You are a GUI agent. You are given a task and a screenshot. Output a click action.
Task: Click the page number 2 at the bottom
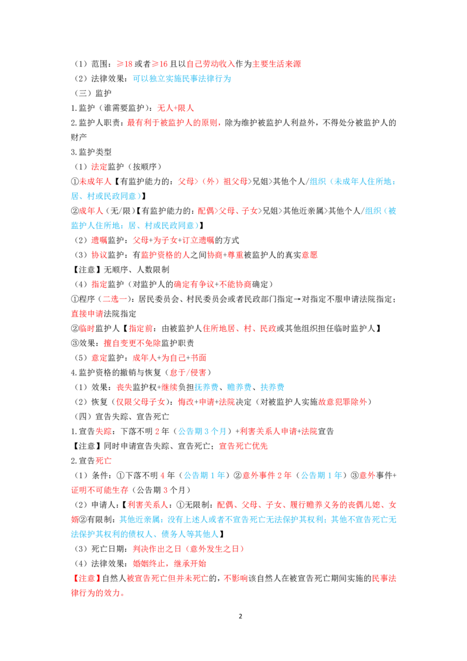[241, 616]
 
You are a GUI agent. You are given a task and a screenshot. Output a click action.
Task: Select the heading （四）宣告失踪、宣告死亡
[122, 416]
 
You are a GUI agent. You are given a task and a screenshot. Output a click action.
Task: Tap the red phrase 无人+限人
[175, 108]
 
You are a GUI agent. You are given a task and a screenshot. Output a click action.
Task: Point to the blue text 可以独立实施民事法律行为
[182, 78]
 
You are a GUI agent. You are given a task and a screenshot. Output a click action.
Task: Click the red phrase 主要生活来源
[277, 64]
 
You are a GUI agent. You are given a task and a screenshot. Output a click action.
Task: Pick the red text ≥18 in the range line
[124, 64]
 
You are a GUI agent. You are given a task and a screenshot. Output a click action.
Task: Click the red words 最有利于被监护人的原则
[172, 123]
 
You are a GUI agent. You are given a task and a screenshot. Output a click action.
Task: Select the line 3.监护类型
[91, 152]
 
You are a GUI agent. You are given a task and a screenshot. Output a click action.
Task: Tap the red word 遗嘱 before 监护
[99, 241]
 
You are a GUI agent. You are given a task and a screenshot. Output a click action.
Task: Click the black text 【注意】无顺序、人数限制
[120, 269]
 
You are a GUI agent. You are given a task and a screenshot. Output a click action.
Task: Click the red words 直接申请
[87, 314]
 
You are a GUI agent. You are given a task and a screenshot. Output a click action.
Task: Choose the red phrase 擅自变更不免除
[132, 343]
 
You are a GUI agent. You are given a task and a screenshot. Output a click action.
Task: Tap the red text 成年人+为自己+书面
[169, 358]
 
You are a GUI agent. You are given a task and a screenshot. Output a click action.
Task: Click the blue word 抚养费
[206, 387]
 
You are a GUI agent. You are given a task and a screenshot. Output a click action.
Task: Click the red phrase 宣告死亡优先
[243, 446]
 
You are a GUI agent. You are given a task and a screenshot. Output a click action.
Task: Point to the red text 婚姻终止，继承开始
[169, 563]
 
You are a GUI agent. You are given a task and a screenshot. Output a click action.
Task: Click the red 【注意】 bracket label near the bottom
[86, 578]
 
